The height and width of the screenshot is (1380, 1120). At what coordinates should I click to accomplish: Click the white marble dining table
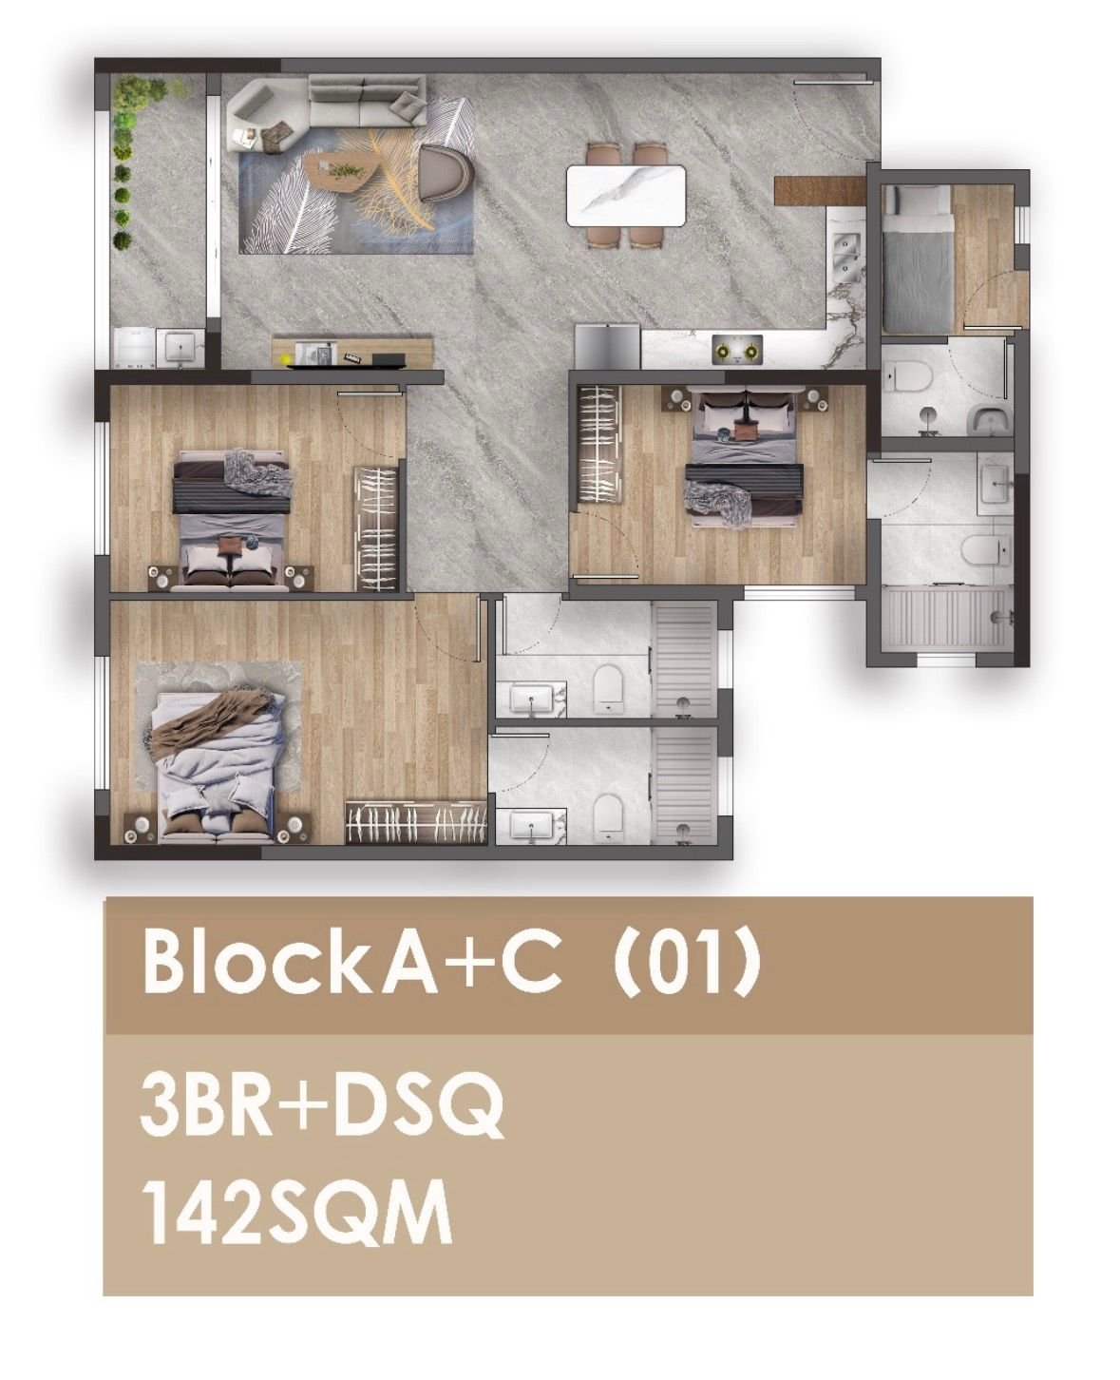click(625, 196)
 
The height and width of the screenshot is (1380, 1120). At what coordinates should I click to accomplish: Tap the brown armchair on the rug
click(446, 172)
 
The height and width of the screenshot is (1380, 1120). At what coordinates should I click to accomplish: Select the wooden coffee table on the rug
click(341, 170)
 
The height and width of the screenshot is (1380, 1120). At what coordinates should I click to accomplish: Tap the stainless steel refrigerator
click(607, 347)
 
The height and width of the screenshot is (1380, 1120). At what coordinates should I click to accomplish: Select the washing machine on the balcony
click(135, 349)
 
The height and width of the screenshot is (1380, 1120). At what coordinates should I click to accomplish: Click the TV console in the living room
click(352, 352)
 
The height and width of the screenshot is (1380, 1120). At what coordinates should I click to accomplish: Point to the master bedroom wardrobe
click(416, 822)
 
